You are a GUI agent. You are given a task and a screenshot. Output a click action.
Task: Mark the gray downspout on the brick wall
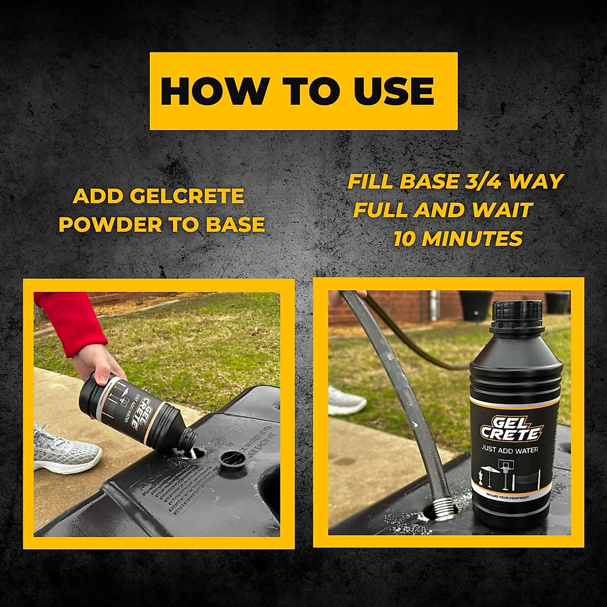pos(434,306)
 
